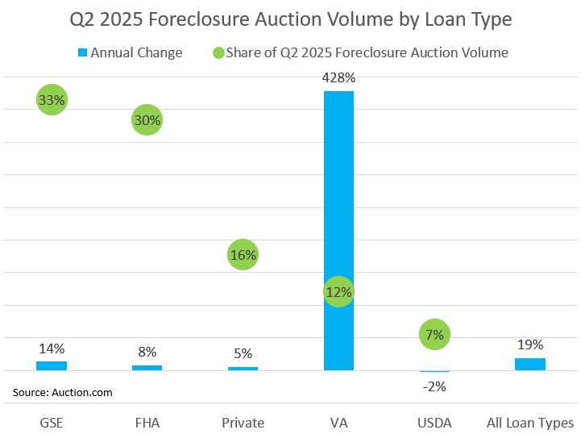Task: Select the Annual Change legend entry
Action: pos(129,53)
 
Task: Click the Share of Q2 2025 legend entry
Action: pos(359,53)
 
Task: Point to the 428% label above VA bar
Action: pos(338,78)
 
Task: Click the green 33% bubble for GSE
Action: pos(52,100)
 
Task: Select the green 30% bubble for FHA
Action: pos(147,120)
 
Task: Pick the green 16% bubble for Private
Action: pos(243,255)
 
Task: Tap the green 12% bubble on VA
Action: pos(338,292)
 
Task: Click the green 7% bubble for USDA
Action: pos(434,334)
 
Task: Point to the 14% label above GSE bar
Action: pos(52,349)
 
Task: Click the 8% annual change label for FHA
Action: pos(147,353)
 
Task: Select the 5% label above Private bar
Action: pos(243,353)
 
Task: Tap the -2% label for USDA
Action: pos(434,386)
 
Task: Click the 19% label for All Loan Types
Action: pos(530,344)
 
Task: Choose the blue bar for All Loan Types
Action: pos(530,364)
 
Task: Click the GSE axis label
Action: pos(52,423)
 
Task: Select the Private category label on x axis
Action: pos(243,423)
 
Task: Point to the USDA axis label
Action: pos(434,423)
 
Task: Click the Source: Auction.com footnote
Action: pos(63,393)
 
